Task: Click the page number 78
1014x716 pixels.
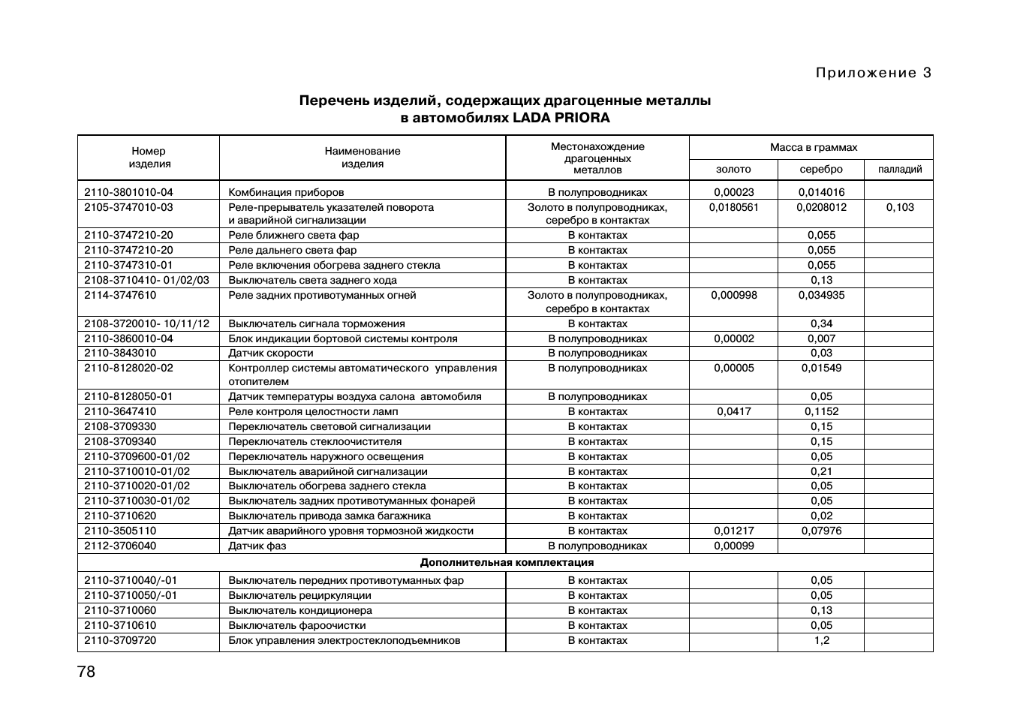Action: pos(86,672)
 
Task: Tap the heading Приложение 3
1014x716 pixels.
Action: pos(873,73)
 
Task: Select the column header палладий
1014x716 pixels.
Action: pos(899,170)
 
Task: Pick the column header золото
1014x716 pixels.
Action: pos(733,170)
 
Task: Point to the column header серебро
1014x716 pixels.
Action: pos(821,170)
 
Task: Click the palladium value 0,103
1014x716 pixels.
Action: pos(899,207)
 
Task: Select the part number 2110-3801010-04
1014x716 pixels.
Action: pos(128,192)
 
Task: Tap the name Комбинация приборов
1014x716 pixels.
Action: pos(286,192)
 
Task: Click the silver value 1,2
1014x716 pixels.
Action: pos(822,640)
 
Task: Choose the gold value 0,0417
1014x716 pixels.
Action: pos(733,411)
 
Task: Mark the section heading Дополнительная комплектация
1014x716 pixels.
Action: pos(507,562)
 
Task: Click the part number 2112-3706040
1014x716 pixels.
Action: pos(120,546)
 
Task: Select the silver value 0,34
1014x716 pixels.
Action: pos(822,323)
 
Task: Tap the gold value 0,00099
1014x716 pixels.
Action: pos(733,546)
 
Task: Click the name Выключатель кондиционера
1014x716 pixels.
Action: pos(300,610)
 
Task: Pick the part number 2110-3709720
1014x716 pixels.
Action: pos(120,640)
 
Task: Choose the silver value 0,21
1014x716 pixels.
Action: pos(822,471)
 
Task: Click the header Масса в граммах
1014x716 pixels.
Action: pos(813,147)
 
